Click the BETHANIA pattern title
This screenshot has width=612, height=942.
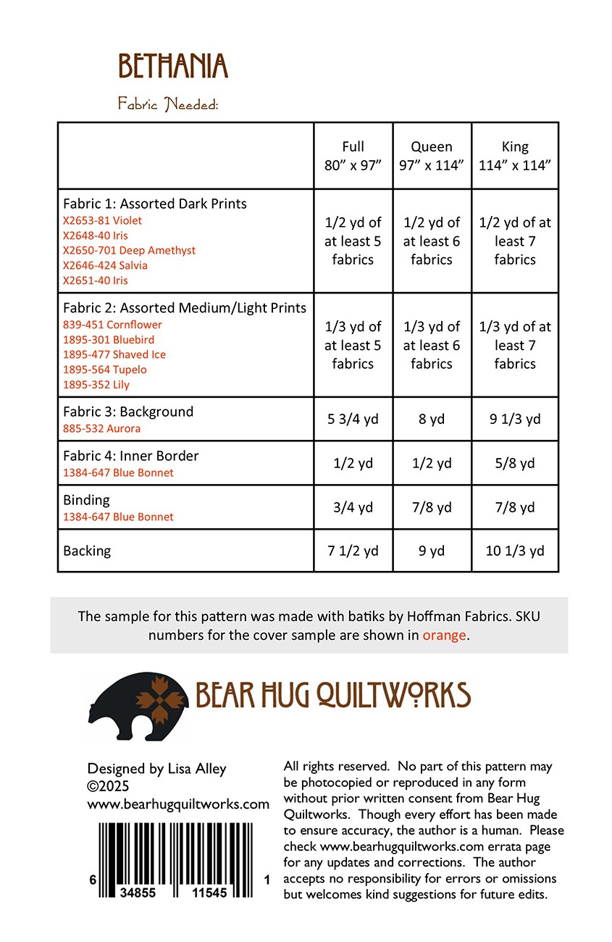(x=172, y=67)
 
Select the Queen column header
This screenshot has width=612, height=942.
(x=432, y=156)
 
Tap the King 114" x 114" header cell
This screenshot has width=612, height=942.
(x=515, y=156)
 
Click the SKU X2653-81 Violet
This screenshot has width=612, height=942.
(x=102, y=220)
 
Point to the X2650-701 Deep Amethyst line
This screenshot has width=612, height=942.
(x=129, y=250)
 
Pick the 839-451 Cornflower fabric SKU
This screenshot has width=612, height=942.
(x=112, y=325)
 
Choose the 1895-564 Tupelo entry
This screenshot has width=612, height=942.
(x=104, y=370)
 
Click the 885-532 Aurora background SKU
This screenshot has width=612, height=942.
(x=101, y=428)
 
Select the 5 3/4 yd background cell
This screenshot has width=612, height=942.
(x=353, y=419)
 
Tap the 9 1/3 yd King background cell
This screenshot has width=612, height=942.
(x=515, y=419)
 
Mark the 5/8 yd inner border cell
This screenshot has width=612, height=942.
(x=515, y=463)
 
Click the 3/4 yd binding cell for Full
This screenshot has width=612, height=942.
(x=353, y=507)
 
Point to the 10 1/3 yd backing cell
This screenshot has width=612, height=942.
(x=515, y=551)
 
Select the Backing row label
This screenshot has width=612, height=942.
(x=87, y=551)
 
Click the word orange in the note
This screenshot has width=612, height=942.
(x=445, y=635)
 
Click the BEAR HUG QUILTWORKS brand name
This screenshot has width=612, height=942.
(x=333, y=695)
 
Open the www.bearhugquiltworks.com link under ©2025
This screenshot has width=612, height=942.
(x=178, y=804)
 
